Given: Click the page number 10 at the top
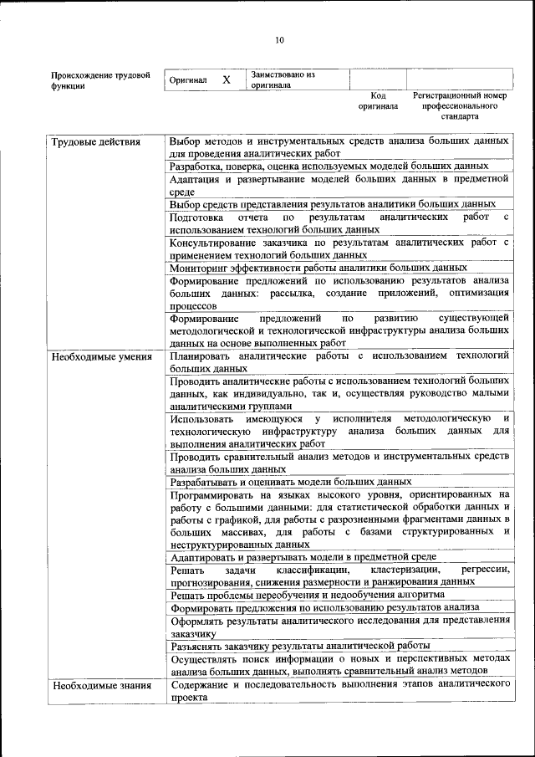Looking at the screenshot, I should (x=279, y=39).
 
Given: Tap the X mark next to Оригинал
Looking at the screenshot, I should (x=226, y=79).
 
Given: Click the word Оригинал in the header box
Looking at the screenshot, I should (x=188, y=80).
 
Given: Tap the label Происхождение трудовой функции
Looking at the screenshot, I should (x=100, y=80).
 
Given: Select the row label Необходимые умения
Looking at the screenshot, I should (x=101, y=357).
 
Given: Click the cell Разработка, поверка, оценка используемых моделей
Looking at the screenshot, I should (x=328, y=166).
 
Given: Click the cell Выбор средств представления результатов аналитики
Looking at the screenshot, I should (x=333, y=203).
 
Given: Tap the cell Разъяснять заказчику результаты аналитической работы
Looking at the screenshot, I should (x=300, y=644).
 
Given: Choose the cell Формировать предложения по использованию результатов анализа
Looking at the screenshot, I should (x=324, y=607).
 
